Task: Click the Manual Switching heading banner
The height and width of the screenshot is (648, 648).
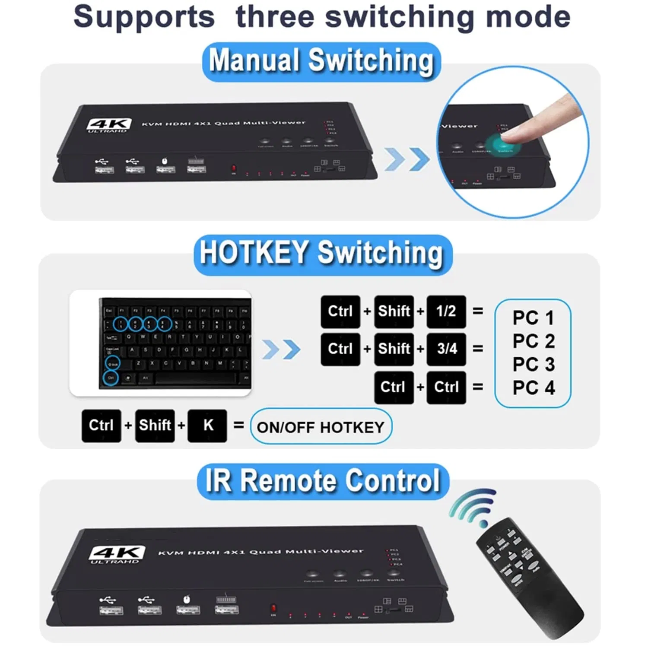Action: click(321, 61)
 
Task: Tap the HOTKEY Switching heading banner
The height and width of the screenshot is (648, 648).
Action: click(322, 254)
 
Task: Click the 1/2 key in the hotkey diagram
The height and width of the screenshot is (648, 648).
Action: click(446, 311)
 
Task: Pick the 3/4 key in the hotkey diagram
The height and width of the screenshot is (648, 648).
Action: click(446, 349)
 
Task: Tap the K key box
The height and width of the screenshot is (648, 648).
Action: click(207, 426)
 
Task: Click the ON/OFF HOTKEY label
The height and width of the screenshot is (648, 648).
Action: click(321, 427)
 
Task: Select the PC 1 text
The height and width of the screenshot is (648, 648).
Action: click(533, 318)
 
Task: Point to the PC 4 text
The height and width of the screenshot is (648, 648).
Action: click(533, 388)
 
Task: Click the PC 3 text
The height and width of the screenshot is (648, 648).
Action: click(533, 365)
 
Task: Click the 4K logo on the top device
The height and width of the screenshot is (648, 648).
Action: click(108, 125)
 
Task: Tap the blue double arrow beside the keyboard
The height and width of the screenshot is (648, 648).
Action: click(281, 349)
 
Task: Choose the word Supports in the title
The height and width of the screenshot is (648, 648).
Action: click(144, 17)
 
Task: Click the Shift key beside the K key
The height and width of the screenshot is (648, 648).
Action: click(155, 426)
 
